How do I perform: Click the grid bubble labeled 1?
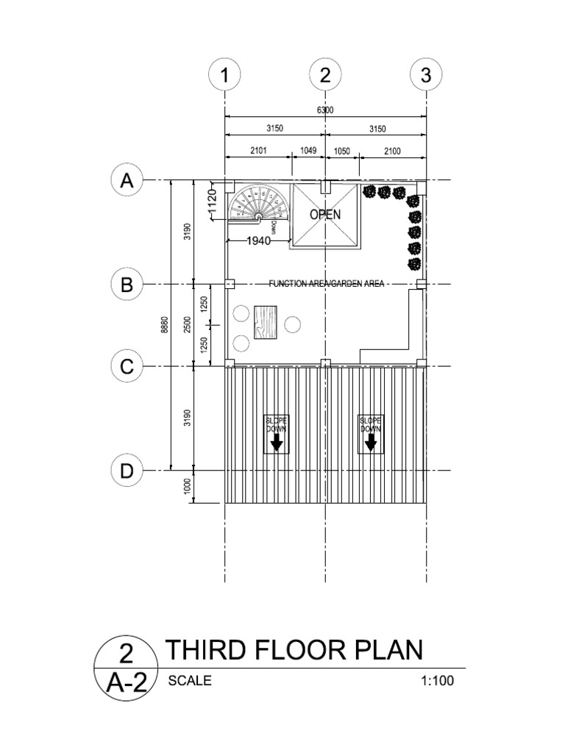(224, 76)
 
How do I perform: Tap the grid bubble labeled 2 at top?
(325, 76)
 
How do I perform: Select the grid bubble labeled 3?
(426, 76)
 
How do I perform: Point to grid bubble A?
(127, 181)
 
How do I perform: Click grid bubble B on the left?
(127, 284)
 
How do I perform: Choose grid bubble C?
(127, 366)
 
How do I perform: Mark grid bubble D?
(127, 470)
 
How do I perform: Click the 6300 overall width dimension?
(325, 110)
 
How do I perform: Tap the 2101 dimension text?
(257, 150)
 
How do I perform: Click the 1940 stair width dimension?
(258, 240)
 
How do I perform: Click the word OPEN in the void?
(324, 215)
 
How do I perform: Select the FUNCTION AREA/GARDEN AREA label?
(326, 284)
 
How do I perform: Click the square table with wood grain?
(268, 322)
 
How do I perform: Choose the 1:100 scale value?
(438, 681)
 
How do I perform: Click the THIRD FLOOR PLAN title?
(294, 650)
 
